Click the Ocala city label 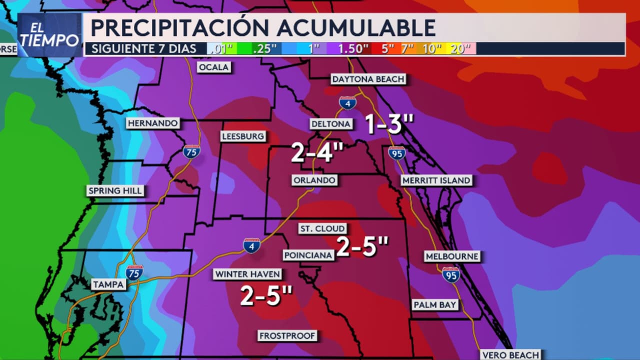[x=214, y=67]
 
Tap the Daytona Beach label [x=368, y=79]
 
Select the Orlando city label [x=314, y=180]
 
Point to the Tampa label [x=108, y=284]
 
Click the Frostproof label [x=287, y=335]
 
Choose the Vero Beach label [x=510, y=354]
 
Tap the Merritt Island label [x=436, y=180]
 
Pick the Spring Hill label [x=115, y=190]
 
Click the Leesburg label [x=243, y=136]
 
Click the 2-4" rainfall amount [x=317, y=152]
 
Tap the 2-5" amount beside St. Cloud [x=362, y=246]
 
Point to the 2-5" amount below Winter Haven [x=266, y=295]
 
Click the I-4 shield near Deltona [x=347, y=103]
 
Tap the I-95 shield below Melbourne [x=451, y=274]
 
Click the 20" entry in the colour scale [x=460, y=48]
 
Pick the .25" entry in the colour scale [x=265, y=48]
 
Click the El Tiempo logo [x=49, y=35]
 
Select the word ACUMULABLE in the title [x=356, y=27]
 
